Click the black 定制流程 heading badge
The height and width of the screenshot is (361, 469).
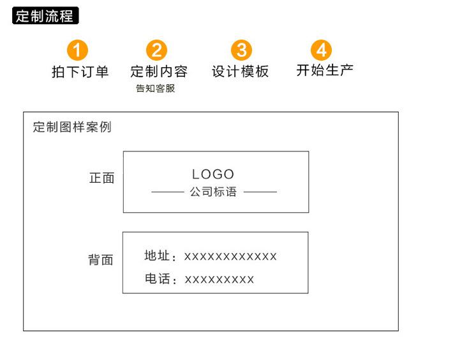click(x=45, y=17)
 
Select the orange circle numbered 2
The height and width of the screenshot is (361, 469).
click(x=157, y=50)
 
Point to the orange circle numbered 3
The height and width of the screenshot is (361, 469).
click(x=241, y=50)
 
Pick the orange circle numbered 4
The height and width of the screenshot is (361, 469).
click(x=322, y=50)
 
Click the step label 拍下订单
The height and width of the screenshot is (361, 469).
click(x=80, y=72)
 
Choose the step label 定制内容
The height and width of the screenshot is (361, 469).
click(x=158, y=72)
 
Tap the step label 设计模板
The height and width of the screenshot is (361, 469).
click(x=241, y=72)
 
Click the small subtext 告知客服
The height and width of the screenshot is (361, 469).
click(x=155, y=89)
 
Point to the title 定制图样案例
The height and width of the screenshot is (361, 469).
click(x=71, y=127)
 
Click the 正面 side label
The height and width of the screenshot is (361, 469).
click(x=101, y=178)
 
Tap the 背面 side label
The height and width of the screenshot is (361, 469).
click(x=101, y=260)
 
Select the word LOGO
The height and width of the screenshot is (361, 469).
click(x=213, y=174)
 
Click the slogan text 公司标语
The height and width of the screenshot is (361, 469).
click(x=213, y=192)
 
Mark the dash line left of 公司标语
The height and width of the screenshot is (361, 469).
click(x=167, y=192)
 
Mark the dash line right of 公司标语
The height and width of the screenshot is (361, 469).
click(x=260, y=192)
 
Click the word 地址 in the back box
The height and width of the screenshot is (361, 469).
click(x=157, y=256)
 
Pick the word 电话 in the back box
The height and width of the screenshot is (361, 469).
click(x=157, y=279)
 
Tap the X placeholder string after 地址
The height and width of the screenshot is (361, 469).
click(x=230, y=257)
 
